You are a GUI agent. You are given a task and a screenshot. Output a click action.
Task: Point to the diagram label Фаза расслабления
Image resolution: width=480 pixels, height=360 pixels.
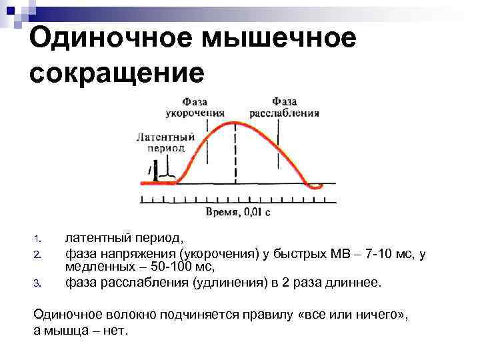point(284,107)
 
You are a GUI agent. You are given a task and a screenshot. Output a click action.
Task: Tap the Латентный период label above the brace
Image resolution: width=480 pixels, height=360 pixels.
point(165,142)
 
